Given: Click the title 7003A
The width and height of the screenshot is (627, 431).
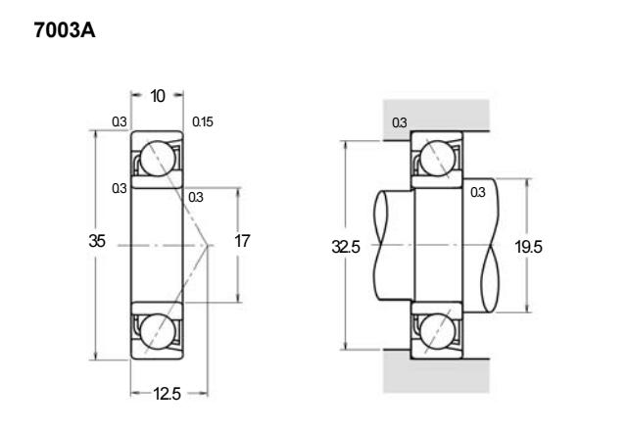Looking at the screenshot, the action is point(65,30).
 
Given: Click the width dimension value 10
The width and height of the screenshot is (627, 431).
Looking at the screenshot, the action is point(158,96).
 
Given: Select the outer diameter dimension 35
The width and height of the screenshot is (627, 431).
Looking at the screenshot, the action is point(97,241).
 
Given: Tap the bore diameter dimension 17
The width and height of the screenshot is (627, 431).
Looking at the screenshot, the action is point(242,241).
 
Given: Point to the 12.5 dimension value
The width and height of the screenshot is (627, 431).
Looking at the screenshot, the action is point(168,394).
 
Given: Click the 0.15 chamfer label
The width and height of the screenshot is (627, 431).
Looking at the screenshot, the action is point(203,121).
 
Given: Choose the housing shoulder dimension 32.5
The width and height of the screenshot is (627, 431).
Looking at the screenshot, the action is point(346,247).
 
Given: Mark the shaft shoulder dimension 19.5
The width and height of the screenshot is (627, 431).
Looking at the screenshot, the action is point(528,247).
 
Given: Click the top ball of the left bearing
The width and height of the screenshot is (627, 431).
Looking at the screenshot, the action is point(158,159).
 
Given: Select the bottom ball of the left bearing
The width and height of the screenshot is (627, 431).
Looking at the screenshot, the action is point(158,331).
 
